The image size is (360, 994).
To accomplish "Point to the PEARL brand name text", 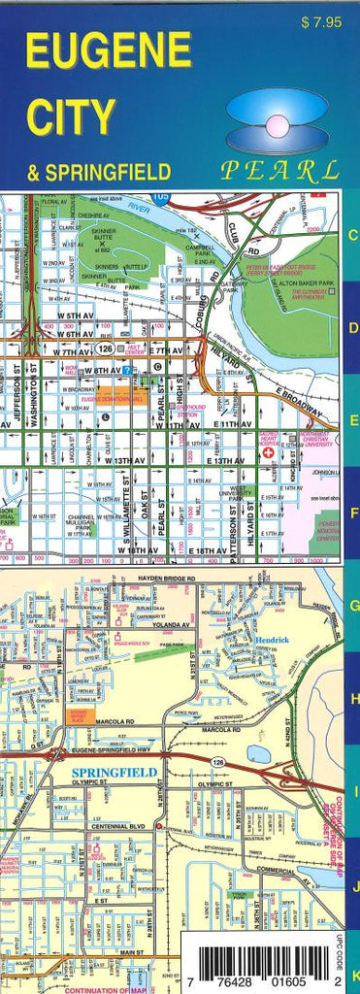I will [x=279, y=171].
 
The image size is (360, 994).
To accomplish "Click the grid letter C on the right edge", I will [x=353, y=235].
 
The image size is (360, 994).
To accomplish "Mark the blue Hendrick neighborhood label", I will [x=274, y=642].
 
